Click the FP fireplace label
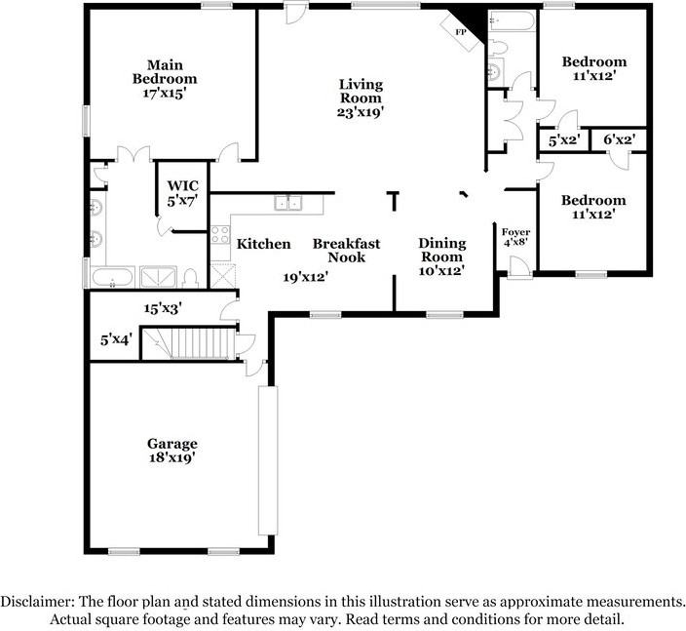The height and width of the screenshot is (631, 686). click(x=461, y=32)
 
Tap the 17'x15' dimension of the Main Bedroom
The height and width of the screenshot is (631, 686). click(x=165, y=94)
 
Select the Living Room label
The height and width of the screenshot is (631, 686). click(x=361, y=91)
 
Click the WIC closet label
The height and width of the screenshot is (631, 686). click(x=183, y=185)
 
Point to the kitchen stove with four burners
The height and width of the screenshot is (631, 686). click(x=220, y=234)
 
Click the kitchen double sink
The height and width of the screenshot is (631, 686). click(x=287, y=203)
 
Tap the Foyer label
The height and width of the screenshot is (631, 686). click(x=515, y=232)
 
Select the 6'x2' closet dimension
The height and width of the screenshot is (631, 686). click(x=619, y=139)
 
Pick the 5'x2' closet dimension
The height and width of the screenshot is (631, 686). click(x=564, y=140)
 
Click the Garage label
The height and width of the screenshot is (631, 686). click(x=171, y=444)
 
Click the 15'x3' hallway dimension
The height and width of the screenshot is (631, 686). click(x=163, y=309)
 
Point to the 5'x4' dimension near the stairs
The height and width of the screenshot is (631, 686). click(x=116, y=339)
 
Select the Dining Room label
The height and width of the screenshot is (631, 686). click(x=441, y=250)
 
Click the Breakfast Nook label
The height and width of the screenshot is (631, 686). click(x=347, y=250)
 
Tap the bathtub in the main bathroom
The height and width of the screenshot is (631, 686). click(x=112, y=277)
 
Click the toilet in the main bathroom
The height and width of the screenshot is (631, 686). click(x=190, y=279)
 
